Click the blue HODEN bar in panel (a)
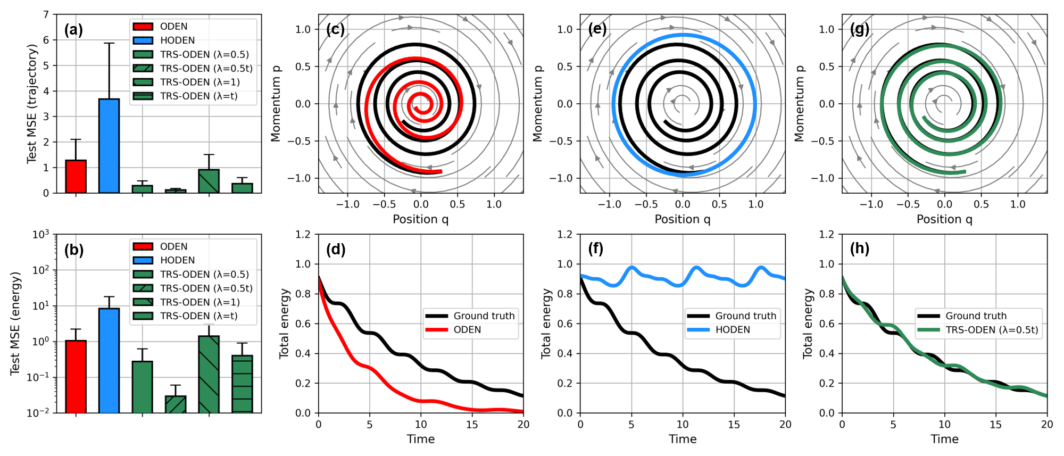[109, 146]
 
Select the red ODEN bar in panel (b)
[76, 376]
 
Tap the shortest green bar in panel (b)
[176, 404]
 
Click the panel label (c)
[336, 29]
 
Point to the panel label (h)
[860, 248]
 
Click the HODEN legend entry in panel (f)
[733, 330]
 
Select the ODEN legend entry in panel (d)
[467, 330]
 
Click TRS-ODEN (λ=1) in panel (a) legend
[200, 82]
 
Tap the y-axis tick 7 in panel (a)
[46, 14]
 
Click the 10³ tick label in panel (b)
[41, 234]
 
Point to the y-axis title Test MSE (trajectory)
[32, 104]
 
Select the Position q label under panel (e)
[683, 219]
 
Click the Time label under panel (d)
[421, 439]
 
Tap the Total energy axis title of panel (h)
[808, 324]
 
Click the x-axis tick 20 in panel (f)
[785, 425]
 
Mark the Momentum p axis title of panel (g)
[799, 104]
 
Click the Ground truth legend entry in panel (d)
[484, 316]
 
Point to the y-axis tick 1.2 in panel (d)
[303, 234]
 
